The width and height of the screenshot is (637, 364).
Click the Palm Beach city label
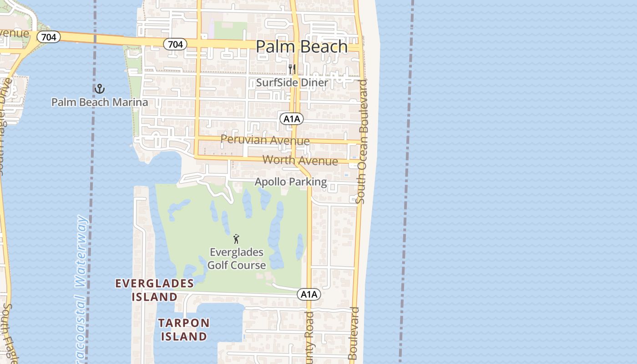point(302,46)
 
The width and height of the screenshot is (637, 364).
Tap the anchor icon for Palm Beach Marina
point(99,89)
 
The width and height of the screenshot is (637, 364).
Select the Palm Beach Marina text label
point(99,102)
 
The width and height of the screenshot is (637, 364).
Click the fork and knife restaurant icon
point(292,69)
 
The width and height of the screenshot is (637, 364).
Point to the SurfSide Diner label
point(292,83)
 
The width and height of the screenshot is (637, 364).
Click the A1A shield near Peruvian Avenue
point(292,119)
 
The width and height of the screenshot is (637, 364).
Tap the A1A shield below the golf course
point(309,294)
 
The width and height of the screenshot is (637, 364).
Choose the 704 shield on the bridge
point(48,37)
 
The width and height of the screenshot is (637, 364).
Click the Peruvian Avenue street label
point(265,140)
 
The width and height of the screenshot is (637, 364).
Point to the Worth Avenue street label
point(300,161)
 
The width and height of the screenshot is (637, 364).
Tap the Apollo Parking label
point(291,182)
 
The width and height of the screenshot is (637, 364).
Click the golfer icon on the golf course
point(236,239)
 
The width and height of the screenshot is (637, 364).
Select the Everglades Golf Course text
point(237,259)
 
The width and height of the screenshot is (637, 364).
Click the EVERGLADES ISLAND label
point(155,290)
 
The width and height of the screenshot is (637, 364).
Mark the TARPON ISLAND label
point(184,330)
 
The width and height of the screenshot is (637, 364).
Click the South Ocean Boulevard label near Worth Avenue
point(363,141)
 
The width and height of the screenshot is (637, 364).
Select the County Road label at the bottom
point(309,337)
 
